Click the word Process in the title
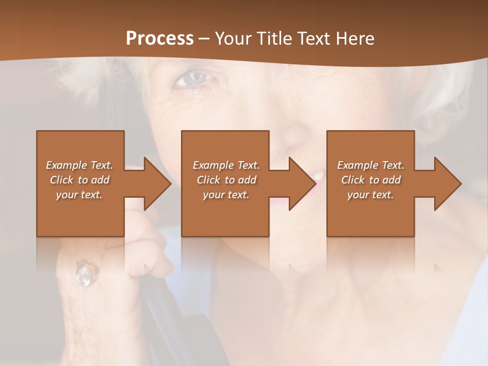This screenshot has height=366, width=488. point(160,38)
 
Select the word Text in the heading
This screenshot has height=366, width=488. point(315,38)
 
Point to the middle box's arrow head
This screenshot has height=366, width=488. point(301,184)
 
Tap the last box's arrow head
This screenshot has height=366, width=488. point(447,184)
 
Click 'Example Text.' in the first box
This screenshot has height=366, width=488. point(79,165)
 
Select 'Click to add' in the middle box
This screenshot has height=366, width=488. point(226,180)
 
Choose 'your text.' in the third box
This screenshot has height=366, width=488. point(370,195)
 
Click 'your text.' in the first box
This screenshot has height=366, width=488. point(79,195)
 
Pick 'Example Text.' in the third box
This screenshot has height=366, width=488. point(371,165)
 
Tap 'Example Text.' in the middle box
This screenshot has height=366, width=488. point(226,165)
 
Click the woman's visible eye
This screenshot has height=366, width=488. point(194,79)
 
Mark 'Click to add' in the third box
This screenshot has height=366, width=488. point(371,180)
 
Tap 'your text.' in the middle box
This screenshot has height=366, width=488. point(226,195)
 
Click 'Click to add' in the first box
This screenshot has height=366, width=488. point(79,180)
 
